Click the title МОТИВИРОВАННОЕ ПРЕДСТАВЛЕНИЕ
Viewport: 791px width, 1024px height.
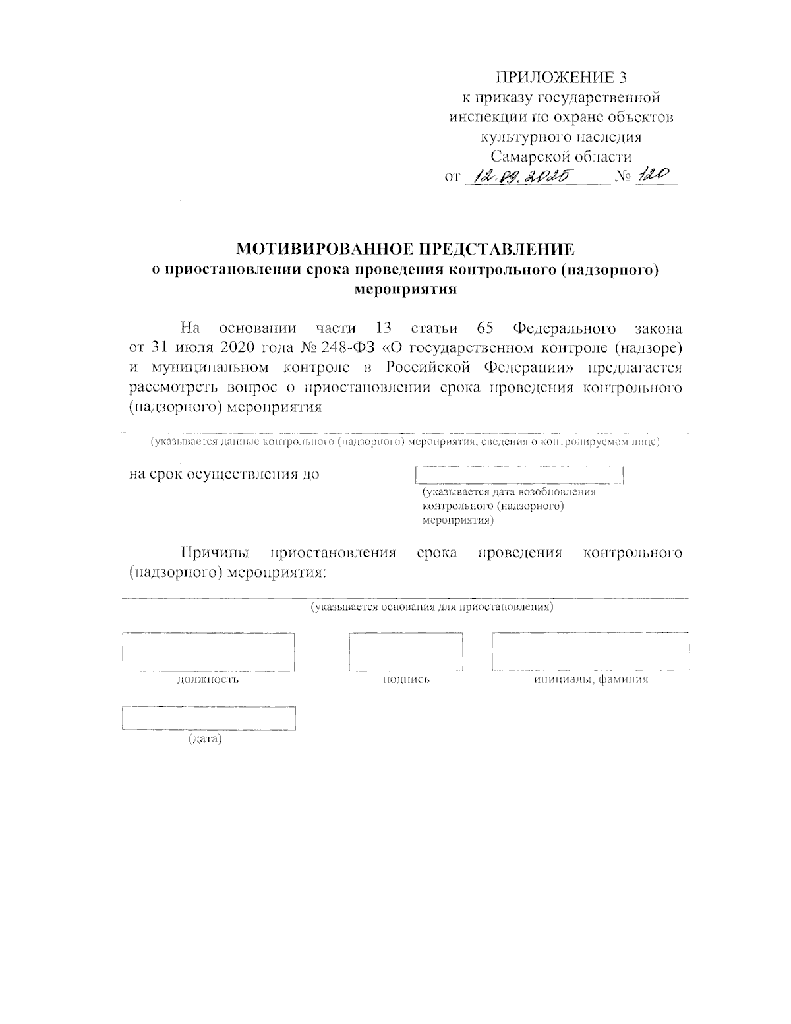[x=405, y=249]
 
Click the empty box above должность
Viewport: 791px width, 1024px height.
[x=208, y=651]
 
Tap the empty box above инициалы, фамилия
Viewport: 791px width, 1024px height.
[x=590, y=651]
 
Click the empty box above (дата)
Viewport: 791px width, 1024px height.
[x=208, y=718]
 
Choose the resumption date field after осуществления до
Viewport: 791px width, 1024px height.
[x=519, y=475]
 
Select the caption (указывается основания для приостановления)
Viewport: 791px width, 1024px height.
[x=431, y=607]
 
